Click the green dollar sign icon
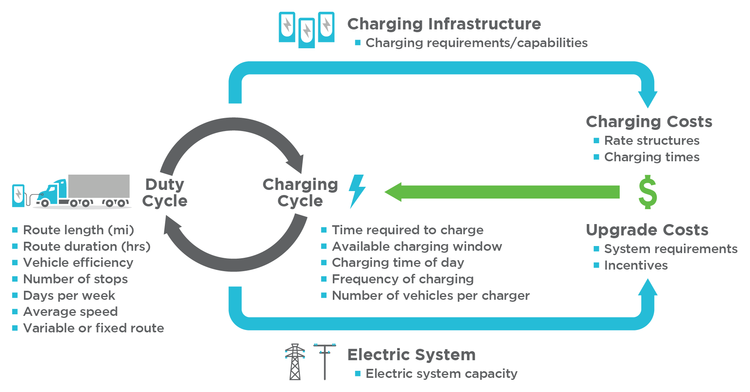[x=648, y=192]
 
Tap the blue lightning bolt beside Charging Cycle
[x=357, y=191]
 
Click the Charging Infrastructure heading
[x=444, y=24]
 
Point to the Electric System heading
[x=411, y=355]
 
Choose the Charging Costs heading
[x=649, y=122]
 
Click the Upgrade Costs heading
[x=647, y=230]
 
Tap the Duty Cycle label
[x=165, y=193]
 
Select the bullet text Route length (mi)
[x=78, y=230]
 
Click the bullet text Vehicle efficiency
[x=78, y=263]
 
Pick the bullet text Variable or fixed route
[x=93, y=328]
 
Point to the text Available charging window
[x=417, y=246]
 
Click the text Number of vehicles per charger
[x=431, y=295]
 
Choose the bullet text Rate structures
[x=651, y=140]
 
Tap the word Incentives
[x=636, y=265]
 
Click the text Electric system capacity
[x=441, y=374]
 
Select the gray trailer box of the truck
[x=99, y=186]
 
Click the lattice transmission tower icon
[x=295, y=362]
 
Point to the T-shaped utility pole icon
[x=325, y=361]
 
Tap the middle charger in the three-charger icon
[x=307, y=33]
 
